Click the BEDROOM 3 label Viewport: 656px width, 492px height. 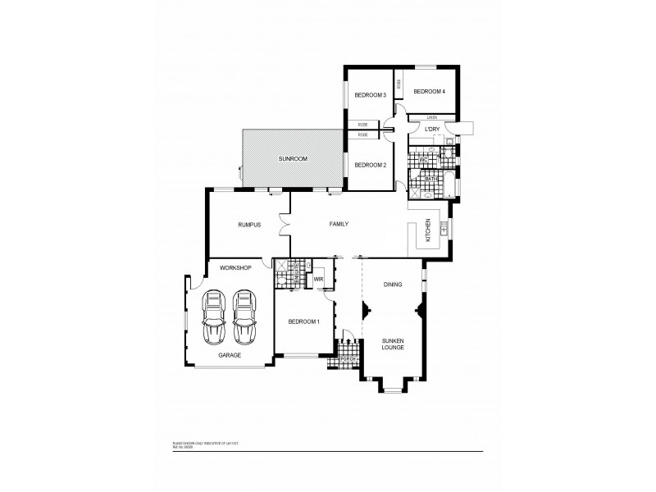(x=370, y=96)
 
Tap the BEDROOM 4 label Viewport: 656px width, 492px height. (x=429, y=91)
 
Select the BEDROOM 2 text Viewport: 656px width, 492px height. (x=370, y=165)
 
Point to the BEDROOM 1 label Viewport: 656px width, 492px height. (x=303, y=321)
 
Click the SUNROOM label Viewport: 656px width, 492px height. (x=292, y=158)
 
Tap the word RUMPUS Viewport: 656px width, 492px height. (x=249, y=224)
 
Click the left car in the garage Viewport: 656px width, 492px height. (x=215, y=317)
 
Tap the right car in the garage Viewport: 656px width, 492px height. (x=245, y=317)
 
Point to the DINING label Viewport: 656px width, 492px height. (x=393, y=285)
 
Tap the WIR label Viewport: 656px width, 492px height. (x=319, y=280)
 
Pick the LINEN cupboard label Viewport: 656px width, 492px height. (x=430, y=118)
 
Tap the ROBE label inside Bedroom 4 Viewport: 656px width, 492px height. (x=399, y=84)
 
